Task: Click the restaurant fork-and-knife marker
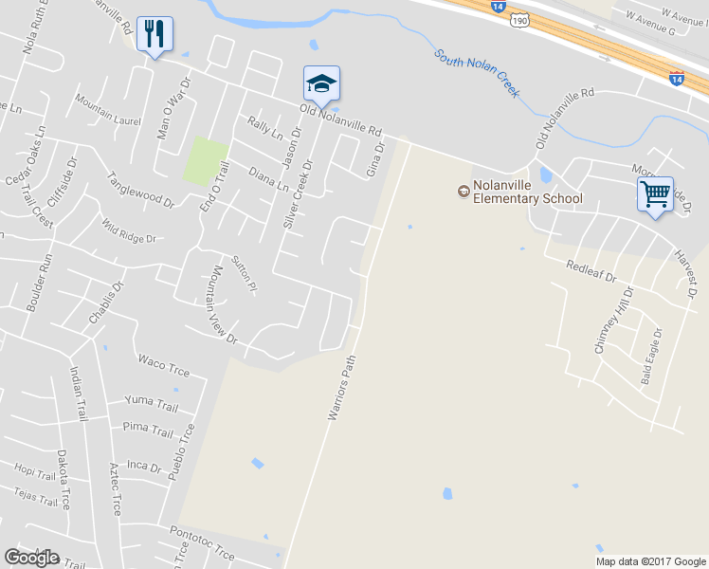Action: point(155,34)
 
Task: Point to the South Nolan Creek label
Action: point(477,72)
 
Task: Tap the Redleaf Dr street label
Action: point(591,272)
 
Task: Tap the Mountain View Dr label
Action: point(220,303)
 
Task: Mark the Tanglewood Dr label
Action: point(141,190)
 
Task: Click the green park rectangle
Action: point(206,161)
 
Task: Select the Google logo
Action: point(31,558)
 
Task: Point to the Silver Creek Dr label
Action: point(298,193)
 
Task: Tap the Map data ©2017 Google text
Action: point(650,561)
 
